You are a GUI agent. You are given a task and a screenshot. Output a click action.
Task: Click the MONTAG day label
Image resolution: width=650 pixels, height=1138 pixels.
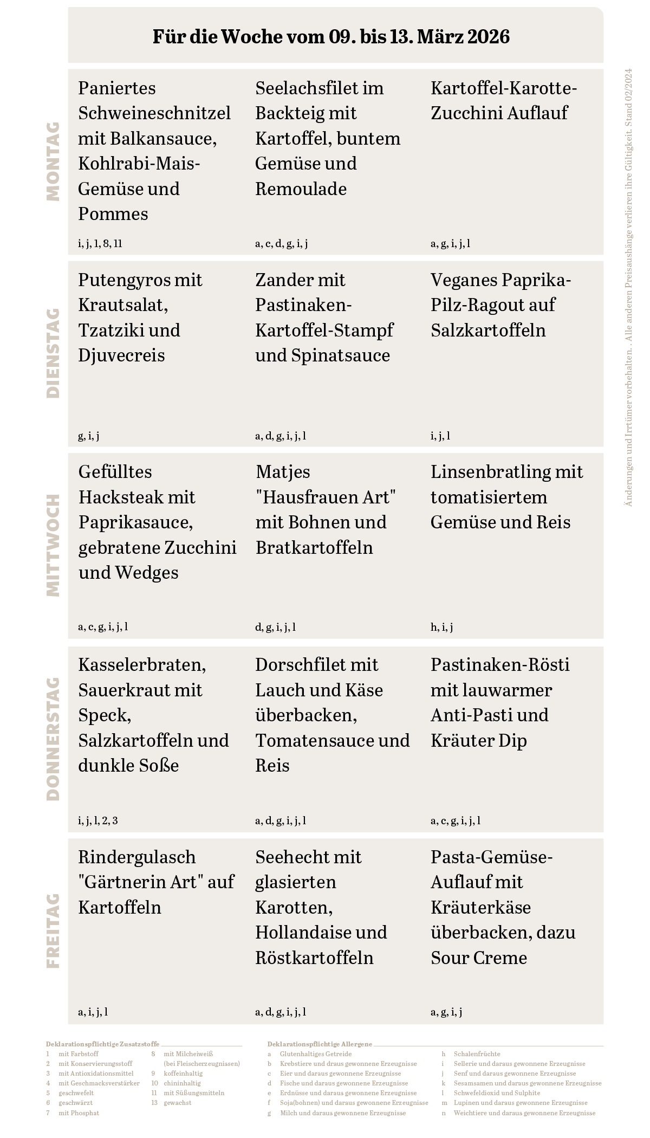(53, 161)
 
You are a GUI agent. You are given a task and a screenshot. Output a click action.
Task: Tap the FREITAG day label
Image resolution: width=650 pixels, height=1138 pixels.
(53, 930)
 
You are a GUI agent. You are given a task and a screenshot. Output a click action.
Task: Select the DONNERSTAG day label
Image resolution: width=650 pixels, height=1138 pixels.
(53, 739)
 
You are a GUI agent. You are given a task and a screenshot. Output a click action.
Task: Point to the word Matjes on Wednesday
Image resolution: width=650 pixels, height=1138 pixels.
(283, 472)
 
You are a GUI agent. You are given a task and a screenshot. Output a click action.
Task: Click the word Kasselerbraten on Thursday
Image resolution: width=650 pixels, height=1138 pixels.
(142, 664)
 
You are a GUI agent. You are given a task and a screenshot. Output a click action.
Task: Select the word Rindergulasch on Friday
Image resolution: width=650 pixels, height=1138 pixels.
(136, 857)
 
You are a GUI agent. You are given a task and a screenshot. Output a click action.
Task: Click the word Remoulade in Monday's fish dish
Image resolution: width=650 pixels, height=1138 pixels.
(301, 189)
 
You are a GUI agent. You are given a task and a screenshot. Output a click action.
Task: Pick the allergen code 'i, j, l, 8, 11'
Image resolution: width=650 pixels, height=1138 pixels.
(100, 243)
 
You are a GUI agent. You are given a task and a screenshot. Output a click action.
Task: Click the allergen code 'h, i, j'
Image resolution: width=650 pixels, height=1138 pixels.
(441, 627)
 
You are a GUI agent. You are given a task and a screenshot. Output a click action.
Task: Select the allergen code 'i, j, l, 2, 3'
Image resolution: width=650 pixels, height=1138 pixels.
(98, 820)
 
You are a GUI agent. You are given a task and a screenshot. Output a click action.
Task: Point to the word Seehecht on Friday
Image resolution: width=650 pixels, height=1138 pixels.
(289, 857)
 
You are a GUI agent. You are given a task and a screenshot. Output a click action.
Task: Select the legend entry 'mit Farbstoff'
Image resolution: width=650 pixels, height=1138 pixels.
(79, 1053)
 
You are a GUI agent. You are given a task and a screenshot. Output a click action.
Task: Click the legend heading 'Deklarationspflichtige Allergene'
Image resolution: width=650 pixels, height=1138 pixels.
(320, 1044)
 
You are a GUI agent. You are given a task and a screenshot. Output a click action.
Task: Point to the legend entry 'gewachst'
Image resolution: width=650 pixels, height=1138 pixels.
(177, 1102)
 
